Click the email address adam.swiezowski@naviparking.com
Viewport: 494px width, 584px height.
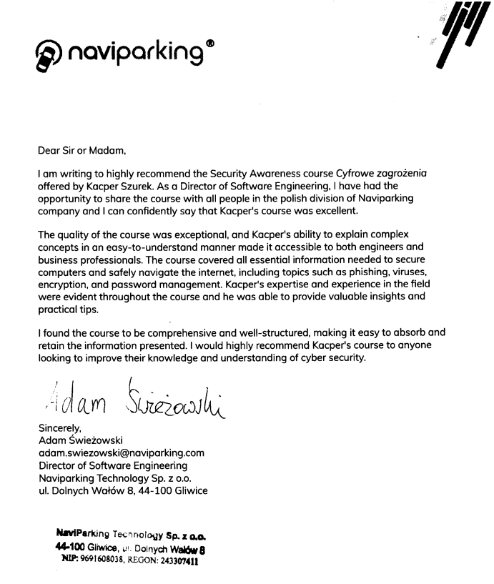[x=121, y=452]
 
